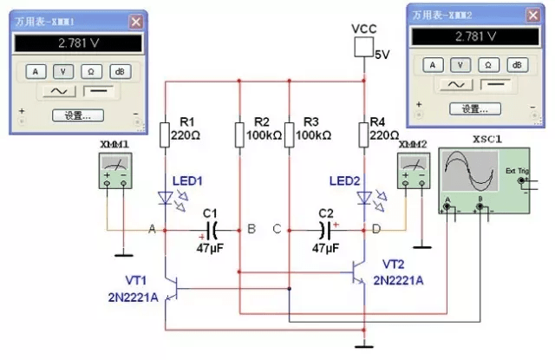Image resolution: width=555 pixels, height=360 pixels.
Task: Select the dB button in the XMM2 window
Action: click(x=517, y=65)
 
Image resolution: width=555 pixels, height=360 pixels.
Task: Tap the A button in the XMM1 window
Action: click(x=36, y=71)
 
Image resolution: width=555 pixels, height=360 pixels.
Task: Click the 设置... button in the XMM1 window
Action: click(x=78, y=115)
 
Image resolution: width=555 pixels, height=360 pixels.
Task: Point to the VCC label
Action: click(x=365, y=29)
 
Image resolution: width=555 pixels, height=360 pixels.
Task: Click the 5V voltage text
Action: click(x=382, y=55)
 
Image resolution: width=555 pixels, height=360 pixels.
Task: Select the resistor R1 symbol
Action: click(x=164, y=134)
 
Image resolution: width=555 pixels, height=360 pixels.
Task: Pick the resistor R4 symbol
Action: click(x=366, y=134)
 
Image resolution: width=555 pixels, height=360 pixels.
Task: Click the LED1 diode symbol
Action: click(x=165, y=198)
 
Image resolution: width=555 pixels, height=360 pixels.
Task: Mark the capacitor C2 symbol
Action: click(x=326, y=230)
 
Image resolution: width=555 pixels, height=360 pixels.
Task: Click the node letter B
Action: click(x=251, y=230)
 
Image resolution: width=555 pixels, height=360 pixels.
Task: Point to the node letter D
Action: click(x=376, y=230)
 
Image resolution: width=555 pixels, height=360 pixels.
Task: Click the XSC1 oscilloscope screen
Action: click(x=469, y=173)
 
